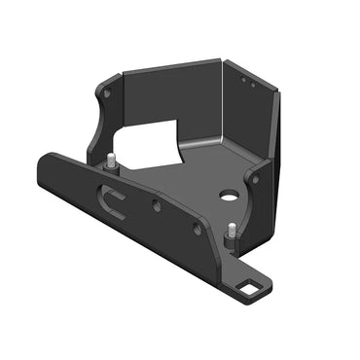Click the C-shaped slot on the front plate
click(115, 203)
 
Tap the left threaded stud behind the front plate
click(113, 162)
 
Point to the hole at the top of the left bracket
click(107, 93)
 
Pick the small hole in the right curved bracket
click(254, 179)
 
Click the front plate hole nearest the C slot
click(156, 205)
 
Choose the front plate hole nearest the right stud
click(198, 229)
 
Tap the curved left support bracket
click(102, 122)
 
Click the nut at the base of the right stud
click(233, 244)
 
